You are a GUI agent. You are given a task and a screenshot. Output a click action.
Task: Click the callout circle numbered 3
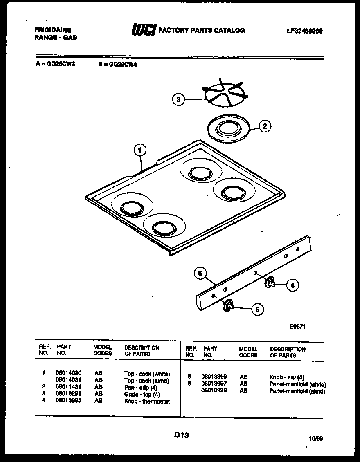[x=178, y=99]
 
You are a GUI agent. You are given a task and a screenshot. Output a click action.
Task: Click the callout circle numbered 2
[x=265, y=126]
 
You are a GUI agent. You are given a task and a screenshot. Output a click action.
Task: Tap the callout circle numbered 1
[x=140, y=150]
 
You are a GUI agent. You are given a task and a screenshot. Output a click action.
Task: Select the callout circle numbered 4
[x=292, y=285]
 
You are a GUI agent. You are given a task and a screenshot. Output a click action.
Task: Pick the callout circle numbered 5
[x=257, y=309]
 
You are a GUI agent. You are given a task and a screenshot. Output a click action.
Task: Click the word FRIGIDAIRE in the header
[x=53, y=30]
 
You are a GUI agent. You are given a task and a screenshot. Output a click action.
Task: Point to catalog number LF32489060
[x=305, y=31]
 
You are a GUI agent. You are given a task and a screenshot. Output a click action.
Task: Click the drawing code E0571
[x=297, y=327]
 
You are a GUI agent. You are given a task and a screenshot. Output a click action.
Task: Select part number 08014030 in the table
[x=68, y=373]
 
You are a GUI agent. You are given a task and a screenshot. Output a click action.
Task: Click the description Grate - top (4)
[x=142, y=394]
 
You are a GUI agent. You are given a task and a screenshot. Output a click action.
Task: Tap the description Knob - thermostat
[x=147, y=401]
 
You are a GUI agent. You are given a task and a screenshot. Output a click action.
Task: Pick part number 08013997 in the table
[x=214, y=384]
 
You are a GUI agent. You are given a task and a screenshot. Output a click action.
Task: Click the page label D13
[x=181, y=435]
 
